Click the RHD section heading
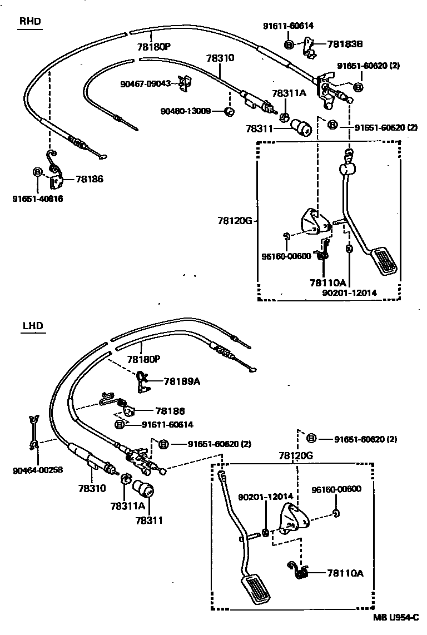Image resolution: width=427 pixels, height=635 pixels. click(x=30, y=22)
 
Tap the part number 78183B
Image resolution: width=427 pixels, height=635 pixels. click(x=345, y=44)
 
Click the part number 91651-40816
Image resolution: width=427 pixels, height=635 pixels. click(x=37, y=199)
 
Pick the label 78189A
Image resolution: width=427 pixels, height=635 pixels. click(x=182, y=381)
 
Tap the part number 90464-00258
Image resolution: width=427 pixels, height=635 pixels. click(x=37, y=470)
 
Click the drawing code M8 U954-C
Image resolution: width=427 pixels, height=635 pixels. click(x=396, y=617)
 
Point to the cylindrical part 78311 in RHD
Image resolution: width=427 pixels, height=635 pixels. click(x=303, y=128)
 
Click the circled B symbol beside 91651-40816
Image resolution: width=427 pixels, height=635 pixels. click(x=38, y=172)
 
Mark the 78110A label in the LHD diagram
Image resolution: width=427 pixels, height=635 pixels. click(x=345, y=573)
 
